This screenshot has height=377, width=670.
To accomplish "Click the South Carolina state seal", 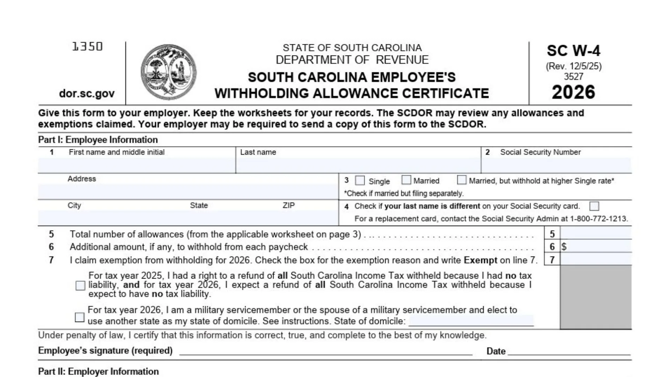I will point(169,72).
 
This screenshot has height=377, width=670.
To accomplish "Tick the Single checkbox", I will point(360,180).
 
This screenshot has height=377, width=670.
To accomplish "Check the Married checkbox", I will point(406,180).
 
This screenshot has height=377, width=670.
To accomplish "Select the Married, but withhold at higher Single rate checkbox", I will point(462,180).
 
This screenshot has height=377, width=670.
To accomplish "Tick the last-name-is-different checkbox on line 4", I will point(594,206).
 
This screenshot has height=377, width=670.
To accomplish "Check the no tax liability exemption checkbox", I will point(80,286).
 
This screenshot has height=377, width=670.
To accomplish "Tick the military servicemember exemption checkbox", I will point(80,317).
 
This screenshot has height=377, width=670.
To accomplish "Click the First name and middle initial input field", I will point(136,165).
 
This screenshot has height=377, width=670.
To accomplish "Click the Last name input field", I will point(358,165).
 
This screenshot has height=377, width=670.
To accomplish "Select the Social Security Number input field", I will point(556,165).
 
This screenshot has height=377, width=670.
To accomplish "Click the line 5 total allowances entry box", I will point(596,233).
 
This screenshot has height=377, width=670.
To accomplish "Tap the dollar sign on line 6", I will point(564,247).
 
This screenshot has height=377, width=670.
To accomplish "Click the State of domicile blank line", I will point(471,321).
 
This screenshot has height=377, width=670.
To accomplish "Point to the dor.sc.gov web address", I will point(87,94).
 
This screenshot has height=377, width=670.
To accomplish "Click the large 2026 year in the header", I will point(573,92).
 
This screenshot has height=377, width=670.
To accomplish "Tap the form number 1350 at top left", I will point(87,46).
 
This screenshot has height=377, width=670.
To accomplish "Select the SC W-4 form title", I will point(573,51).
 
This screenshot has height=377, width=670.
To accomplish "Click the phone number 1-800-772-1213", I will point(598,219).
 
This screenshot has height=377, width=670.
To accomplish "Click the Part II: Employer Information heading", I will point(98,371).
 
